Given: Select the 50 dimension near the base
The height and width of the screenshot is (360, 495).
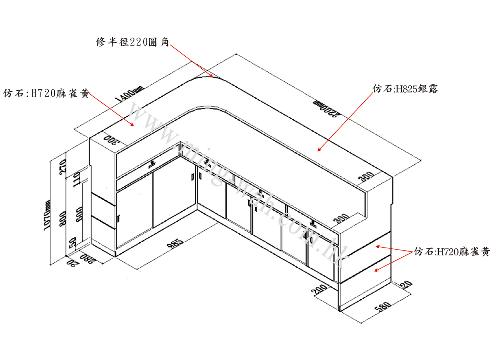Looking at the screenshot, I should click(73, 244).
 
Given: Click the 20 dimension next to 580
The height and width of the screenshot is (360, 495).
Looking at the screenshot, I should click(406, 285).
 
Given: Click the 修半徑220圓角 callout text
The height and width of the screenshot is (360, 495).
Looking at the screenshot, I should click(132, 42).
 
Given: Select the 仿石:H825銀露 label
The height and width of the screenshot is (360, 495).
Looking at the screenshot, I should click(405, 89).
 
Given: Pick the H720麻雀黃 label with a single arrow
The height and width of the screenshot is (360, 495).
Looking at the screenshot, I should click(46, 94).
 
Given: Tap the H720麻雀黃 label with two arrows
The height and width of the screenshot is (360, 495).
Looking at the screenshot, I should click(451, 252).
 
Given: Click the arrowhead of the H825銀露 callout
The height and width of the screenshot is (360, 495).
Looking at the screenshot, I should click(319, 150).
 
